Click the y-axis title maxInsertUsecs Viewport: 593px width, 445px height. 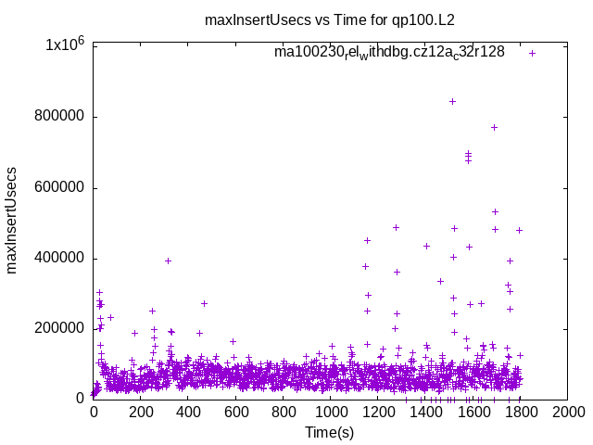click(x=12, y=221)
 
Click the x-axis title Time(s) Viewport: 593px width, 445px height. click(x=330, y=432)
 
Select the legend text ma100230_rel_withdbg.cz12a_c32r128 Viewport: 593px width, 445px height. click(x=389, y=52)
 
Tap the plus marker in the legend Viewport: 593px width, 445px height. click(x=533, y=53)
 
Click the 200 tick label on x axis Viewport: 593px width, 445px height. click(x=141, y=412)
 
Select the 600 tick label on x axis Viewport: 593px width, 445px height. click(x=236, y=412)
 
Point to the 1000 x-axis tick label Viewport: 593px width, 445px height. click(x=331, y=412)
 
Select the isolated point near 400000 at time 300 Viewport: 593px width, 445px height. click(x=168, y=261)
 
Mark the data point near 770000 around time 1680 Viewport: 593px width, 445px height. click(x=494, y=127)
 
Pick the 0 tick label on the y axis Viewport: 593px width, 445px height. click(x=82, y=399)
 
